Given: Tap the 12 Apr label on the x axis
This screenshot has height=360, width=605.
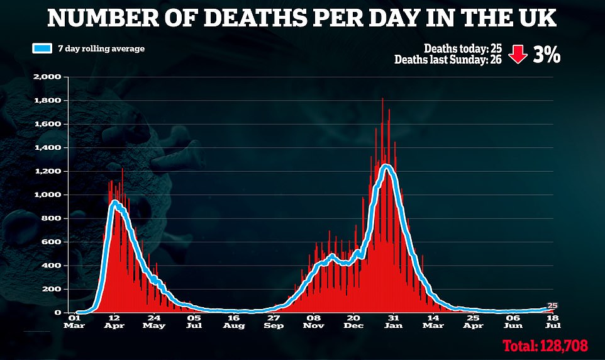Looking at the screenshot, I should click(114, 322).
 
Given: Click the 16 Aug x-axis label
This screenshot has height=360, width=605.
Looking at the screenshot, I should click(233, 322).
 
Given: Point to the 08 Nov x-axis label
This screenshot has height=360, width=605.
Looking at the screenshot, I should click(313, 322).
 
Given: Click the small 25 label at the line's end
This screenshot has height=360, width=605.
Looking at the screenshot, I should click(552, 305).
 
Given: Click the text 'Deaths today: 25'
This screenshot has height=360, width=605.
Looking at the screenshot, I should click(463, 48).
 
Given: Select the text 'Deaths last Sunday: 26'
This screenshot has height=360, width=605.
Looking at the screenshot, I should click(448, 60).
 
